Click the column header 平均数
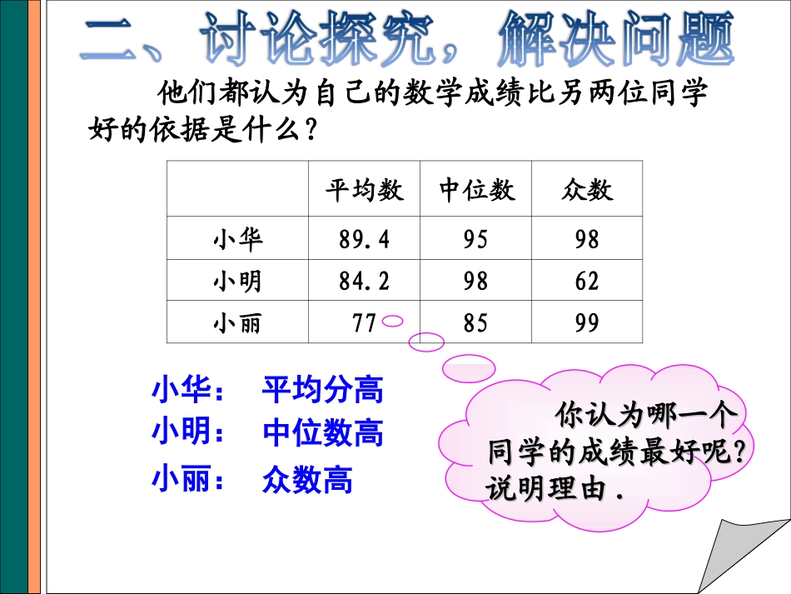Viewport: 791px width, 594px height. pyautogui.click(x=364, y=191)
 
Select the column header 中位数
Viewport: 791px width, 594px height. pyautogui.click(x=477, y=191)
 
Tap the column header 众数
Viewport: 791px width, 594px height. pyautogui.click(x=587, y=191)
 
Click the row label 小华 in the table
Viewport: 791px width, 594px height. pyautogui.click(x=238, y=240)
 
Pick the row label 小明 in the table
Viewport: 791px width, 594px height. pyautogui.click(x=238, y=282)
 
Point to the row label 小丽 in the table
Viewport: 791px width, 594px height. pyautogui.click(x=238, y=322)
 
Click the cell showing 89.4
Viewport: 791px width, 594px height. pyautogui.click(x=364, y=240)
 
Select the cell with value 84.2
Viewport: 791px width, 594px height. pyautogui.click(x=364, y=282)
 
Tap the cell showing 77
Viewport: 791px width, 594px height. pyautogui.click(x=364, y=322)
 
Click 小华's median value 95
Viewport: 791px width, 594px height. pyautogui.click(x=476, y=240)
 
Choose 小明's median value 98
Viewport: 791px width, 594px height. pyautogui.click(x=476, y=282)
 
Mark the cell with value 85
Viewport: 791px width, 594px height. pyautogui.click(x=476, y=322)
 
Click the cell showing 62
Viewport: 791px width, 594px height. pyautogui.click(x=587, y=282)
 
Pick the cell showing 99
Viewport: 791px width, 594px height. pyautogui.click(x=587, y=322)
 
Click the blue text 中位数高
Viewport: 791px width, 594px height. pyautogui.click(x=322, y=434)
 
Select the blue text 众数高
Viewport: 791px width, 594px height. pyautogui.click(x=307, y=480)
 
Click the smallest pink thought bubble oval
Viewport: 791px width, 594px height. pyautogui.click(x=393, y=321)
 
